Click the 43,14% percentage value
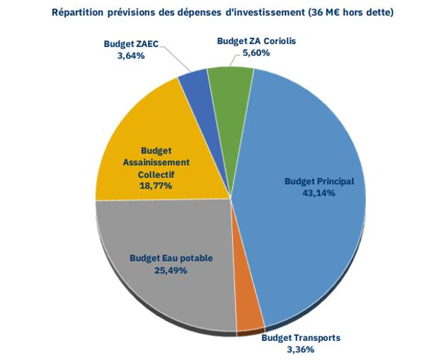[x=319, y=193]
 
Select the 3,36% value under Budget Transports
[x=300, y=349]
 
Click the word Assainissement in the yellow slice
[x=155, y=162]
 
